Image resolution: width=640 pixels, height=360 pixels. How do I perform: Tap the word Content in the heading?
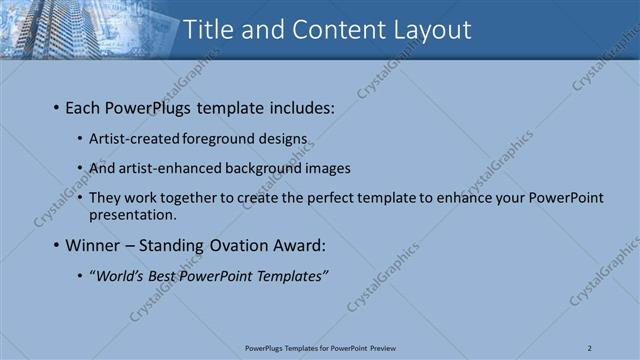click(x=326, y=30)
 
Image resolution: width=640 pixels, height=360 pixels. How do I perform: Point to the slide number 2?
click(x=590, y=348)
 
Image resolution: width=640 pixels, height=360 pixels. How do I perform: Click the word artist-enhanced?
click(x=162, y=168)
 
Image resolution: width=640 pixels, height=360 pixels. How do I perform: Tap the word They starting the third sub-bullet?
click(x=105, y=198)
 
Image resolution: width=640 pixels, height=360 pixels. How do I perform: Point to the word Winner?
click(x=94, y=244)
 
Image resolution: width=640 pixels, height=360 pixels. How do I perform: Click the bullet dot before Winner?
click(x=56, y=245)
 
